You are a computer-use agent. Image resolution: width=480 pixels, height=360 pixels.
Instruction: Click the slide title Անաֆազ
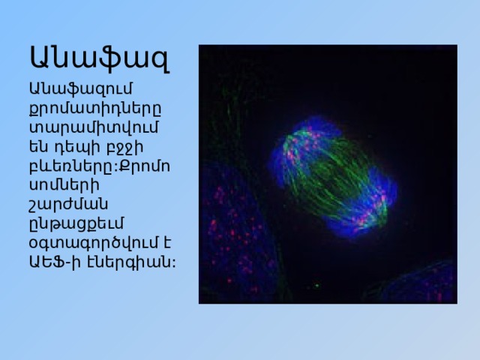[x=100, y=58]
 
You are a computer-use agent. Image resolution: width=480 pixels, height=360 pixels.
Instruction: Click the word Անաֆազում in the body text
[x=81, y=89]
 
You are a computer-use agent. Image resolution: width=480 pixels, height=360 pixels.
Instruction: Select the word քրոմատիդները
[x=95, y=109]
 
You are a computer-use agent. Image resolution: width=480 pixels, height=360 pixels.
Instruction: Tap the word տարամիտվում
[x=94, y=127]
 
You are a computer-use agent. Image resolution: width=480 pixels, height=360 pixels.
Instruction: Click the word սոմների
[x=64, y=185]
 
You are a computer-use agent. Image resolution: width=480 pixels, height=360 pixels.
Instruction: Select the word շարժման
[x=68, y=205]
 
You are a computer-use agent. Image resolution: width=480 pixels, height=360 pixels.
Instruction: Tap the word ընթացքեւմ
[x=76, y=223]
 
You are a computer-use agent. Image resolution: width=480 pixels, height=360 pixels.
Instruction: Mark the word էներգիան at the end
[x=127, y=262]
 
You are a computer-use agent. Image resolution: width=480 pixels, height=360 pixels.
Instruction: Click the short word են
[x=38, y=147]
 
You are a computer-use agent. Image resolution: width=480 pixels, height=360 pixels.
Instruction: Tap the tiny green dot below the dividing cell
[x=316, y=285]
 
